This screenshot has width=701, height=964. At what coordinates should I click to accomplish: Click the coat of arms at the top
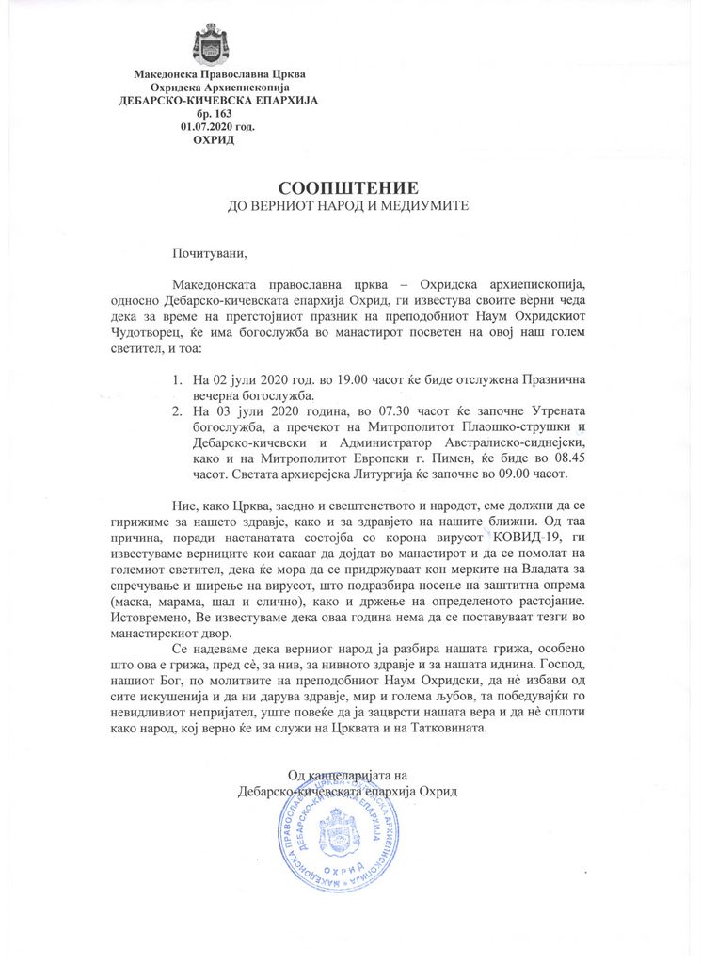pyautogui.click(x=211, y=43)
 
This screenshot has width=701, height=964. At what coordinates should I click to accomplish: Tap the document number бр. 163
pyautogui.click(x=212, y=113)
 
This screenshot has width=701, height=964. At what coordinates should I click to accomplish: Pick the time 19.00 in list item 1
pyautogui.click(x=323, y=381)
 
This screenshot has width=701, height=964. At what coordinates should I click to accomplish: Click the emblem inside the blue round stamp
pyautogui.click(x=338, y=832)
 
